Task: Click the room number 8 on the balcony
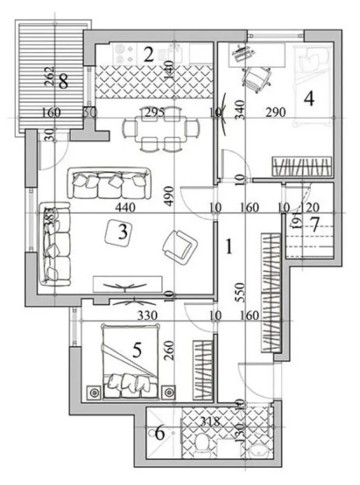coord(64,83)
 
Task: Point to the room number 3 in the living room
coord(123,233)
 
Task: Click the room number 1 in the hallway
coord(229,247)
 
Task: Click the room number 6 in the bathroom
coord(160,432)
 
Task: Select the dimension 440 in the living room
coord(124,207)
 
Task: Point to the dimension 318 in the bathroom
coord(210,421)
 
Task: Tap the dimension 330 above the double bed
coord(148,315)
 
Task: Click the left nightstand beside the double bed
coord(95,392)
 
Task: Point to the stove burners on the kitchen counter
coord(125,53)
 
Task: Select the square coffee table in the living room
coord(123,233)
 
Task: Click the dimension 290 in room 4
coord(276,113)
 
